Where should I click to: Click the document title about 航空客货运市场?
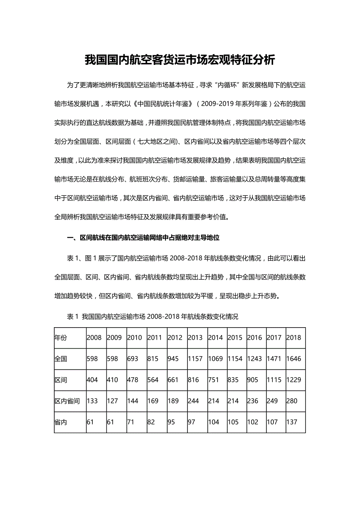[180, 60]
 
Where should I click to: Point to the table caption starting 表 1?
[153, 317]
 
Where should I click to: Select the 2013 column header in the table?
[195, 337]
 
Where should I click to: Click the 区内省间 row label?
[67, 401]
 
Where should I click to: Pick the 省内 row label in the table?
[61, 422]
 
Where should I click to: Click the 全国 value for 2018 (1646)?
[294, 358]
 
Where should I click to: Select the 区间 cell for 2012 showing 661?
[173, 380]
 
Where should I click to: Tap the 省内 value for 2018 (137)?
[292, 422]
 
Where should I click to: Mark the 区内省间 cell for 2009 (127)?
[112, 401]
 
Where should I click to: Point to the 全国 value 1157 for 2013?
[195, 358]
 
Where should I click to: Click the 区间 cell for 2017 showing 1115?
[274, 380]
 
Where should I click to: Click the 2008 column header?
[94, 337]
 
